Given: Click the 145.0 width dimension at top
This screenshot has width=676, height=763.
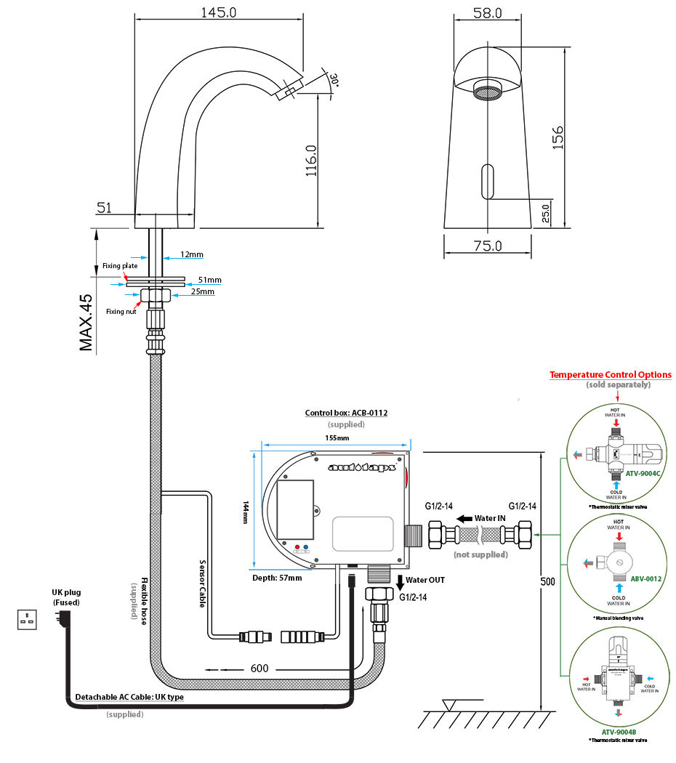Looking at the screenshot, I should point(218,12).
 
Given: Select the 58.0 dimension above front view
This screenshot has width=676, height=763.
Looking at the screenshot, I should point(487,12).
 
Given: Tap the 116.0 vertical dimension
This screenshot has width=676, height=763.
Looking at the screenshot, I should point(310,161).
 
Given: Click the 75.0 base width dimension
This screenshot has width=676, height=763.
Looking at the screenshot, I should point(487,246).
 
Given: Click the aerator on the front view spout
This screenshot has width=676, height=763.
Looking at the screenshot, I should point(486,90).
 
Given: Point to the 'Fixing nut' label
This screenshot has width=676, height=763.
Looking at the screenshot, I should point(120,311).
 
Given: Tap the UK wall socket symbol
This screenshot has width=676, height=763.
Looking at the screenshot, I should point(28,619).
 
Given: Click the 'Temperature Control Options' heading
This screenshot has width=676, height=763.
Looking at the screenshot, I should point(611,375).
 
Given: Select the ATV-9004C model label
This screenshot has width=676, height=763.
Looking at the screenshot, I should point(642,473).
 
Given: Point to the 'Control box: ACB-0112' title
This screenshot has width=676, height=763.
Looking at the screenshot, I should point(346,413).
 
